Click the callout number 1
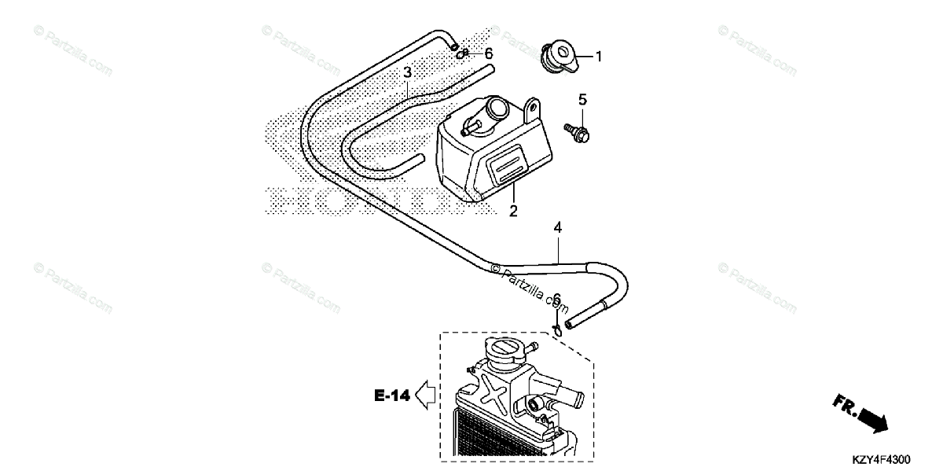598,57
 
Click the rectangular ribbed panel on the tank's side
507,165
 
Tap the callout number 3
408,73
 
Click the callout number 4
557,227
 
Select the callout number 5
582,100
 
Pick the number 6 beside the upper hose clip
488,53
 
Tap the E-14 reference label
392,396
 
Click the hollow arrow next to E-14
426,395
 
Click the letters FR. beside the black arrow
845,405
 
